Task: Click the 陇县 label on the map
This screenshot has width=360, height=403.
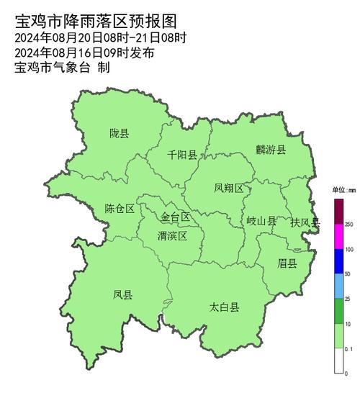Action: pyautogui.click(x=120, y=133)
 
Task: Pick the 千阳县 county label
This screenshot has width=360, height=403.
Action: pyautogui.click(x=182, y=154)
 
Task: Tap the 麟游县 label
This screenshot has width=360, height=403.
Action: pyautogui.click(x=270, y=150)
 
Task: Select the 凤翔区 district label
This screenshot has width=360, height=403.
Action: pyautogui.click(x=229, y=188)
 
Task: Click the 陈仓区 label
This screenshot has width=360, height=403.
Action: pyautogui.click(x=120, y=209)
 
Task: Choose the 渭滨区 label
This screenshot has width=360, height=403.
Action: pyautogui.click(x=172, y=235)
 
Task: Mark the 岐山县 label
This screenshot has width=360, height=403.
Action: pyautogui.click(x=261, y=222)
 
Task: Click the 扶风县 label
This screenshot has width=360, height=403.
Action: pyautogui.click(x=305, y=222)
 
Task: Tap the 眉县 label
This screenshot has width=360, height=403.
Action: pyautogui.click(x=287, y=263)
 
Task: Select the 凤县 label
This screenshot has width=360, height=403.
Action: pyautogui.click(x=122, y=294)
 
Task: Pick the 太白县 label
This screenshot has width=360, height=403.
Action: pyautogui.click(x=225, y=307)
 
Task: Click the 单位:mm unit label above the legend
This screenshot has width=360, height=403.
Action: pyautogui.click(x=344, y=191)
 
